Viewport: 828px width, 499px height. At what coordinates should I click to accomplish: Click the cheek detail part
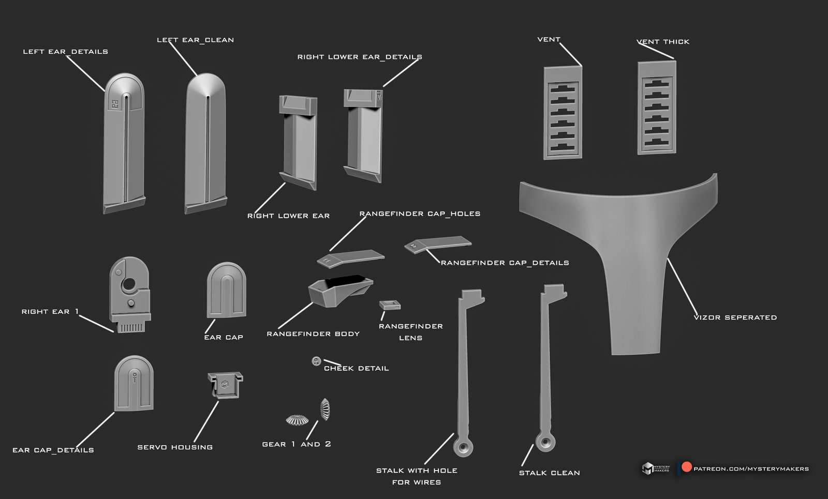point(316,361)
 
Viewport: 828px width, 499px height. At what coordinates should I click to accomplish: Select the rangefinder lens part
point(390,305)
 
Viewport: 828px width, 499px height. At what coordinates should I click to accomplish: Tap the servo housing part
point(225,385)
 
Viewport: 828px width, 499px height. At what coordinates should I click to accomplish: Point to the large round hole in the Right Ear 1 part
point(129,284)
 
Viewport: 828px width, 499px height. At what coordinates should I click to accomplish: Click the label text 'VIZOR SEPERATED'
point(735,317)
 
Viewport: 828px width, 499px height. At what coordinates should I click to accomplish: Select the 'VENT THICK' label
point(663,42)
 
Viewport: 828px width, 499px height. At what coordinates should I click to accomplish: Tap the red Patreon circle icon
point(686,467)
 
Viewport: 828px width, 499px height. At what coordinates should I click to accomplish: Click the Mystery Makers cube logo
point(647,468)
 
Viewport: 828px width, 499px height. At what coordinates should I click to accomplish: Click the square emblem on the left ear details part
point(114,104)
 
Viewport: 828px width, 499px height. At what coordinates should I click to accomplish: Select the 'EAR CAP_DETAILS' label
point(53,450)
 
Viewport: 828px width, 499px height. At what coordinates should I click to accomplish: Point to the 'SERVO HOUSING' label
point(175,447)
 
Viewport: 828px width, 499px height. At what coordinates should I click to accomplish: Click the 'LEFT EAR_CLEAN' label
point(195,40)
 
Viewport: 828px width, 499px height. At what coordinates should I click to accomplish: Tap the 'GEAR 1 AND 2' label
point(297,444)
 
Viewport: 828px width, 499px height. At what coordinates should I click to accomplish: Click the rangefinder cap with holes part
point(350,258)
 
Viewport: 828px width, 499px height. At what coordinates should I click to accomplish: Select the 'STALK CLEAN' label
point(549,473)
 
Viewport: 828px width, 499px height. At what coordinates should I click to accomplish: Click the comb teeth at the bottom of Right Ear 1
point(130,327)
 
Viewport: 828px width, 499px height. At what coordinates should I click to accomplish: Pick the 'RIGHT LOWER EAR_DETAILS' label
point(360,57)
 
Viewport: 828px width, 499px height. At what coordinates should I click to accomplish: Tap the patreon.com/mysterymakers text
point(751,468)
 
